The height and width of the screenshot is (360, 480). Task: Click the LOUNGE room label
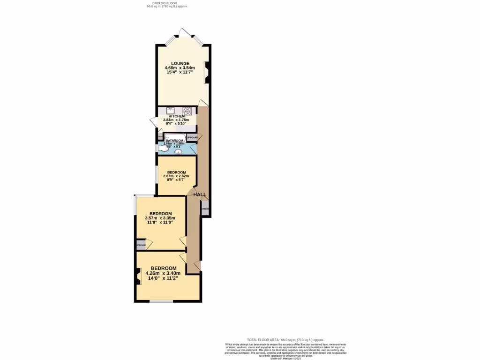[x=180, y=63]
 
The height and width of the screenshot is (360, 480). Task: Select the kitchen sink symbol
[x=171, y=111]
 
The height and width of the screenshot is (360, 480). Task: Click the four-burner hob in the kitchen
[x=187, y=111]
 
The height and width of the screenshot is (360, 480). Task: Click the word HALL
[x=200, y=195]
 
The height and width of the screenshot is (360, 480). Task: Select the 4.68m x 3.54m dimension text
[x=180, y=68]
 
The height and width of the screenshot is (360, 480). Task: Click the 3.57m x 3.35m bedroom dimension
[x=160, y=218]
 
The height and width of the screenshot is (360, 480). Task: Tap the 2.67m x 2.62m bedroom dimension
[x=176, y=176]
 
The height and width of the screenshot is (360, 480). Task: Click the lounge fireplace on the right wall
[x=207, y=72]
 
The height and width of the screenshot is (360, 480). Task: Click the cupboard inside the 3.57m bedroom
[x=141, y=245]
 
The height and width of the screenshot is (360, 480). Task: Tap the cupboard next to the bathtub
[x=193, y=137]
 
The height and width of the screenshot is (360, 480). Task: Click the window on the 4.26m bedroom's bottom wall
[x=161, y=301]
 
